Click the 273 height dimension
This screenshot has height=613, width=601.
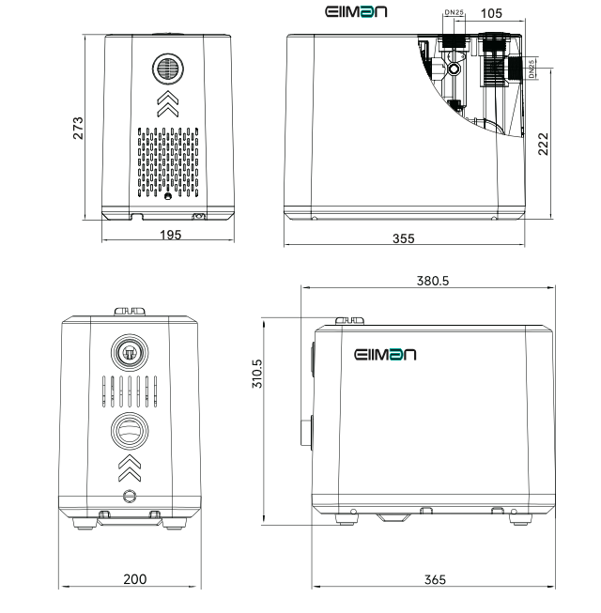coord(78,128)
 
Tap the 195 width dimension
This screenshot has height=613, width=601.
coord(171,235)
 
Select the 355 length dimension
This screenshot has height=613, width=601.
coord(403,238)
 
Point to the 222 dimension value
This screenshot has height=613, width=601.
coord(543,144)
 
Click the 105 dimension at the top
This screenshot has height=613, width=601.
coord(491,13)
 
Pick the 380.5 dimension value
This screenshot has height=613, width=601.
coord(433,281)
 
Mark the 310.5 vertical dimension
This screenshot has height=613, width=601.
coord(257,374)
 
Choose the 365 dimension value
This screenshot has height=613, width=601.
coord(435,579)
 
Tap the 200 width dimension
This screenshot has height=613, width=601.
coord(135,579)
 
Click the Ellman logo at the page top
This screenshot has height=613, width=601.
coord(356,11)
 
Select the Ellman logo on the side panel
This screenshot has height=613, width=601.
coord(385,355)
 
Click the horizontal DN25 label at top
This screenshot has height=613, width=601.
coord(454,12)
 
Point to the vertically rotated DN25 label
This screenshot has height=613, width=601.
coord(532,69)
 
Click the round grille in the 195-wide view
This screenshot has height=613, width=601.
coord(168,69)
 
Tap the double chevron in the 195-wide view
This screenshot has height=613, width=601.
coord(168,103)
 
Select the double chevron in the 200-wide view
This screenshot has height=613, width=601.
coord(130,467)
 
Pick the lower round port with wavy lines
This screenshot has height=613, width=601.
coord(130,431)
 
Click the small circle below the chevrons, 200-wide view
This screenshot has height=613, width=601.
coord(130,496)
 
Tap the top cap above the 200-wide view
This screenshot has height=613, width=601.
coord(130,311)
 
